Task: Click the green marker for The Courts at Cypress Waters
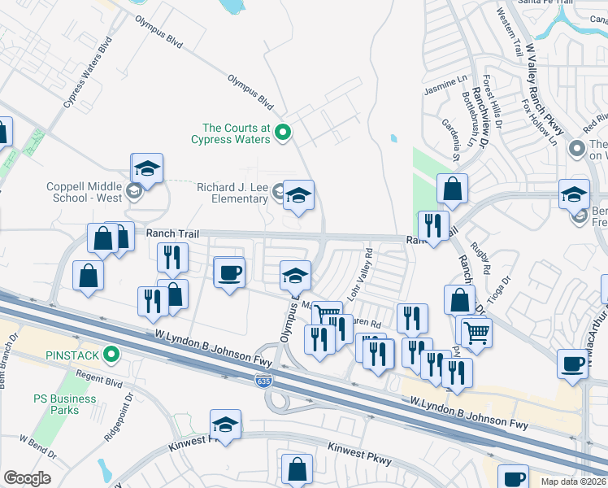click(283, 131)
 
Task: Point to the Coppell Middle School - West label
click(85, 192)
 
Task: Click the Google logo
click(27, 478)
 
